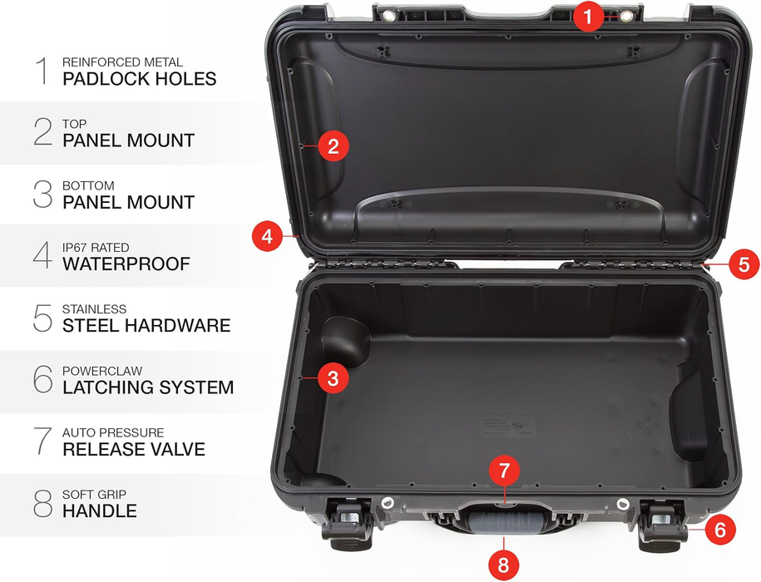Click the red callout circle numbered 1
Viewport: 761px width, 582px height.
click(588, 16)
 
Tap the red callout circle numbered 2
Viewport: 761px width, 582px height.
click(333, 146)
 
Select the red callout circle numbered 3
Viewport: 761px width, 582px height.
click(333, 379)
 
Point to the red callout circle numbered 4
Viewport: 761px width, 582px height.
click(267, 236)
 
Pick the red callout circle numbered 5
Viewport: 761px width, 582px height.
click(744, 264)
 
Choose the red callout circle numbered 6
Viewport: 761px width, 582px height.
click(721, 529)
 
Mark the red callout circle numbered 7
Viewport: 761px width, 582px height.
click(504, 471)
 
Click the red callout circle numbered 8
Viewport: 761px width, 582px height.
click(502, 565)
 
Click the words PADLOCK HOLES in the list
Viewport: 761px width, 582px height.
click(139, 79)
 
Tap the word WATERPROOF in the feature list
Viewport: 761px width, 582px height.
click(126, 264)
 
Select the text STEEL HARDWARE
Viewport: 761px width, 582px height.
click(146, 326)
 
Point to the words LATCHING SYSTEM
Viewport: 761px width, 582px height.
click(148, 387)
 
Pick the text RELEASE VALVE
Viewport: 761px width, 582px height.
click(133, 450)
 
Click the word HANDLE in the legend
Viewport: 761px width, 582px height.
click(100, 510)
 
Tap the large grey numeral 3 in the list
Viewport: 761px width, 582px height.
click(42, 195)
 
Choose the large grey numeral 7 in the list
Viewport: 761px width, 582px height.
click(42, 441)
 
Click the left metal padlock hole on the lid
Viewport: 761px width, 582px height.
click(388, 16)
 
